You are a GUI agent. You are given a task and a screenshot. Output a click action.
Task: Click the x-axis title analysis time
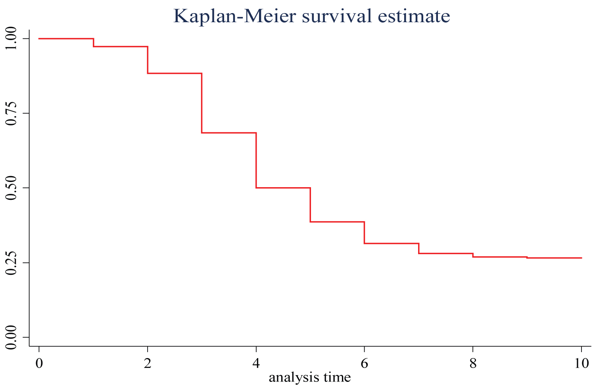[310, 377]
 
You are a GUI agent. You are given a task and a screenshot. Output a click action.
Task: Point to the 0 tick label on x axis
[39, 363]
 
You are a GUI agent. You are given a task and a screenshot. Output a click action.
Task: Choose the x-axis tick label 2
[148, 363]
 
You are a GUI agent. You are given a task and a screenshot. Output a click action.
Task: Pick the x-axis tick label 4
[256, 363]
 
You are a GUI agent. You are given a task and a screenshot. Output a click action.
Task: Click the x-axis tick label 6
[364, 363]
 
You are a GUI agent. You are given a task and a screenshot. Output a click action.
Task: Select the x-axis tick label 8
[473, 363]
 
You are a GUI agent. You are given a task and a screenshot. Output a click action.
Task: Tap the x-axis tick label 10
[581, 363]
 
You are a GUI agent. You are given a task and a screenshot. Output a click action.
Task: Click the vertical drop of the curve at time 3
[202, 103]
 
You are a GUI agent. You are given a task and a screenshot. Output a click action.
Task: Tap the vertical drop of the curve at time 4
[256, 160]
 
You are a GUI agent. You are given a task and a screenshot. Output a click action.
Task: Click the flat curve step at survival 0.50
[283, 188]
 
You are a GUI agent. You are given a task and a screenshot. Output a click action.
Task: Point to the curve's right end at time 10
[581, 258]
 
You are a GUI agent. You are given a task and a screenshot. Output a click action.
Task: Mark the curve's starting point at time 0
[39, 38]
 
